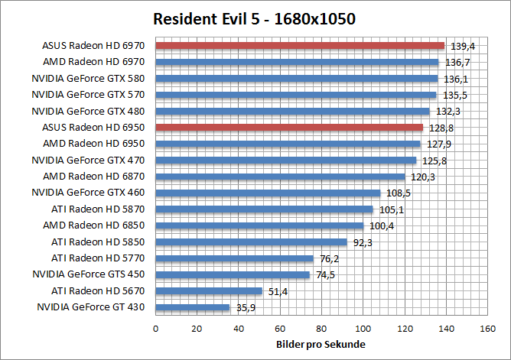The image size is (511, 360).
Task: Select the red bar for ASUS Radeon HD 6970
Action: coord(300,46)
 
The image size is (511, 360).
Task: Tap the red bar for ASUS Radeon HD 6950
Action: coord(289,127)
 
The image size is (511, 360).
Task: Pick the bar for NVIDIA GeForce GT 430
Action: coord(193,307)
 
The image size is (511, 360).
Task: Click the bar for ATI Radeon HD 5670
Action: coord(209,290)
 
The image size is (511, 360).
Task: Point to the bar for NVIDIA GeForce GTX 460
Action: coord(268,193)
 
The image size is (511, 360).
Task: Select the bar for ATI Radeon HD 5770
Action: coord(235,258)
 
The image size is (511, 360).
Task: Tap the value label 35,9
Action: coord(245,307)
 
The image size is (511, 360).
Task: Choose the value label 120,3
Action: coord(419,177)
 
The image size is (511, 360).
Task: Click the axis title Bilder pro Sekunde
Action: coord(320,345)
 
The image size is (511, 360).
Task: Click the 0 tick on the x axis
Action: coord(156,329)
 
